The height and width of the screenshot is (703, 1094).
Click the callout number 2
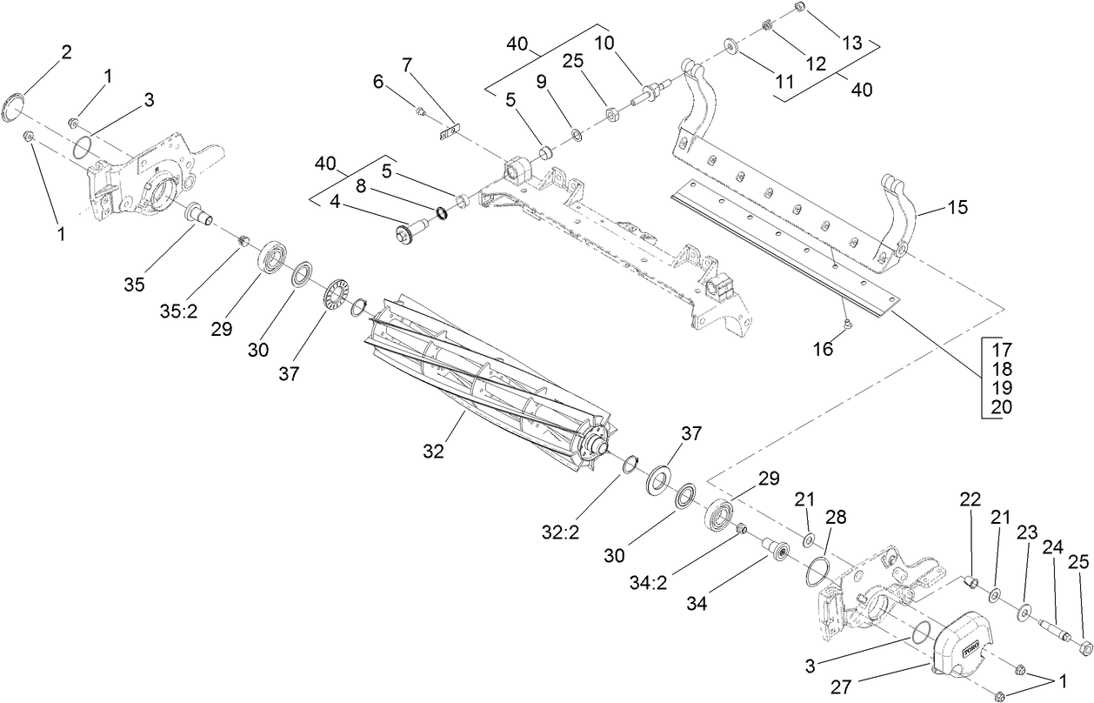[x=65, y=51]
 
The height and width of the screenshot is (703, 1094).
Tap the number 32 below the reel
[x=433, y=451]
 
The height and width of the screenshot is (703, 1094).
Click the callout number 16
[x=822, y=349]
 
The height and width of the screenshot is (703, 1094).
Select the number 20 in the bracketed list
[x=1001, y=406]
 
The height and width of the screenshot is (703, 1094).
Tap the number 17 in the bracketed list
[x=1001, y=349]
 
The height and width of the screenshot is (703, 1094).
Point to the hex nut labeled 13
[x=799, y=8]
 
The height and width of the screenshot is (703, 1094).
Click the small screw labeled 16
[x=849, y=325]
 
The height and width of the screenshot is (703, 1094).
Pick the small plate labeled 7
[x=449, y=133]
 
